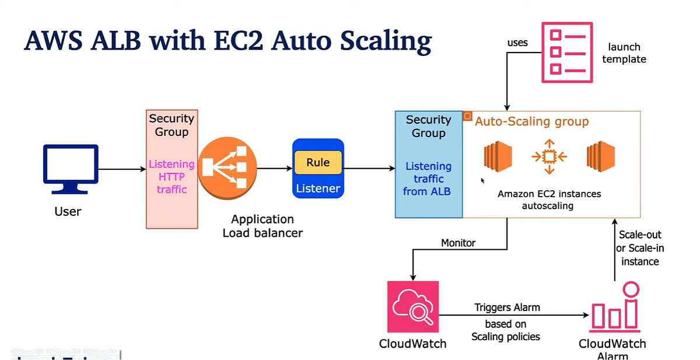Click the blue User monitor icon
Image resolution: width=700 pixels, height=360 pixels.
[x=71, y=169]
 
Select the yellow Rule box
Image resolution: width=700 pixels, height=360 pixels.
[x=318, y=163]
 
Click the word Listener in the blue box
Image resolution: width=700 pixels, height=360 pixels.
[x=318, y=188]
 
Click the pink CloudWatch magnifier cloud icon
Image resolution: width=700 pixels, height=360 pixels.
[x=412, y=306]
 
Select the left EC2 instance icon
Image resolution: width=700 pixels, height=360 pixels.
[x=498, y=156]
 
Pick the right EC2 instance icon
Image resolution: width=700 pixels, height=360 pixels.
[x=601, y=156]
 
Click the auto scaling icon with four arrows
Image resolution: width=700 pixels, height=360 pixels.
[x=549, y=156]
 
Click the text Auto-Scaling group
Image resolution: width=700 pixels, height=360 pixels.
[x=531, y=121]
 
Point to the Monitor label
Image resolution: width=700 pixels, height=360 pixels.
[x=458, y=242]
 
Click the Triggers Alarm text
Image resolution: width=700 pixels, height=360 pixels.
[x=506, y=307]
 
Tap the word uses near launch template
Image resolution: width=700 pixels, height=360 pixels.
[x=517, y=43]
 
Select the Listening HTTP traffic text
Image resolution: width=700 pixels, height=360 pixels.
[x=171, y=177]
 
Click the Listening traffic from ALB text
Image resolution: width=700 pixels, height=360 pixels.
[x=428, y=179]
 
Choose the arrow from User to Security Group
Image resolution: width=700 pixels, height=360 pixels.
[x=122, y=169]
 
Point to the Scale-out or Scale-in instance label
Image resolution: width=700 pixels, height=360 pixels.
[x=640, y=248]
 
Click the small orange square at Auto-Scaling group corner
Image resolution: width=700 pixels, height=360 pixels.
[x=467, y=116]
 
